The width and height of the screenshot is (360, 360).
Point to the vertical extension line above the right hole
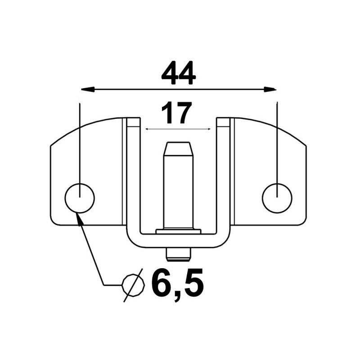277,144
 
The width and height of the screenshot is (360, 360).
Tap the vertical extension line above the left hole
80,144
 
